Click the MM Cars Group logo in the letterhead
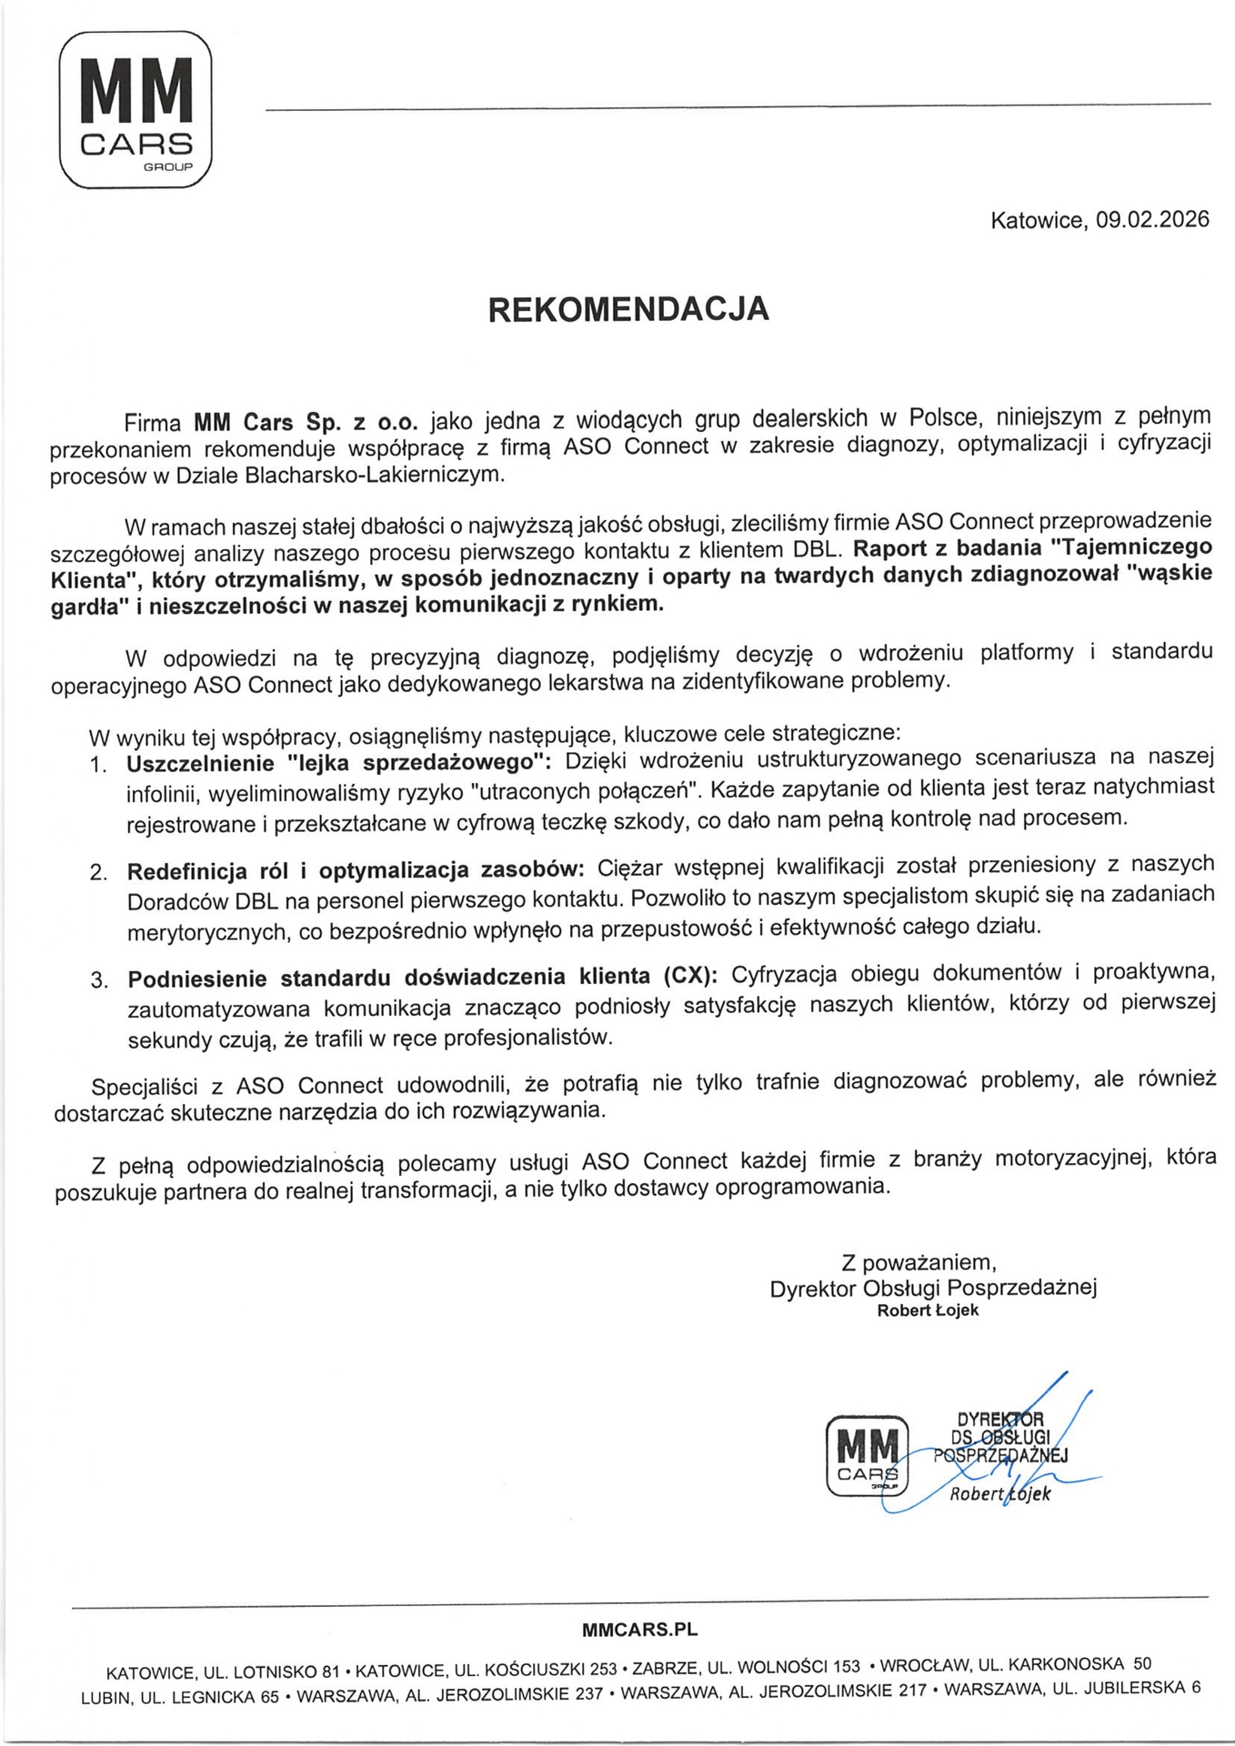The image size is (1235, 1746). pos(136,109)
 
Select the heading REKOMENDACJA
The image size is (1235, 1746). pos(628,309)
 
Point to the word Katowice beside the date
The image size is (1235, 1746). pos(1036,220)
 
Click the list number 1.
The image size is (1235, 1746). pos(98,764)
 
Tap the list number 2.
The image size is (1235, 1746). pos(98,872)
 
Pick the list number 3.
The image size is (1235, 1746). pos(99,980)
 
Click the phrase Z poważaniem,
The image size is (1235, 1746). pos(919,1262)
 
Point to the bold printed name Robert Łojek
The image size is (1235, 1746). pos(928,1310)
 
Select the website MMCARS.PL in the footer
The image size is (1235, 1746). pos(639,1629)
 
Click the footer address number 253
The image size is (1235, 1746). pos(603,1669)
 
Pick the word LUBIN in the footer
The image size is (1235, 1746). pos(105,1697)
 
